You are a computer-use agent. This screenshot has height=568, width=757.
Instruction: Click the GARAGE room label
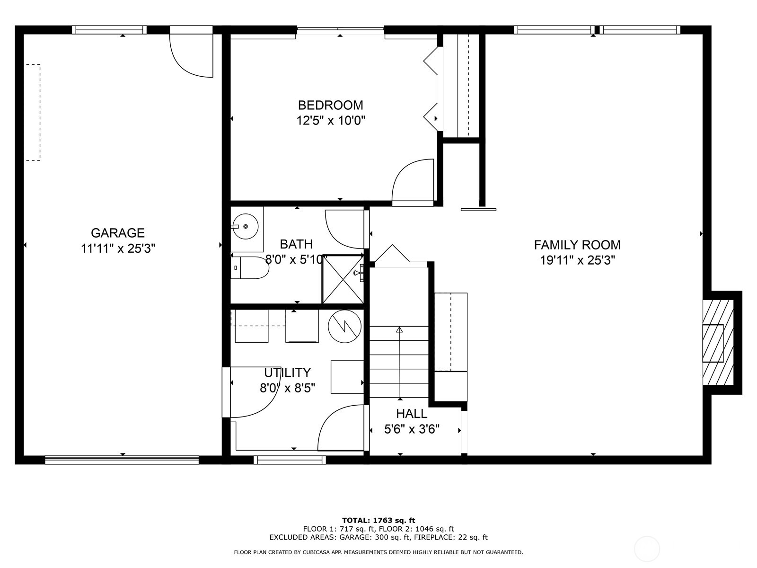[x=117, y=232]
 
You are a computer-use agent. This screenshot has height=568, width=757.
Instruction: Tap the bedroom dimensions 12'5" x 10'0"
[x=331, y=120]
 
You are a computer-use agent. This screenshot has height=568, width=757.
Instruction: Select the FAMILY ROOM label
[x=577, y=245]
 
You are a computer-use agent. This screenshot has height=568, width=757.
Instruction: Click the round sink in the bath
[x=246, y=226]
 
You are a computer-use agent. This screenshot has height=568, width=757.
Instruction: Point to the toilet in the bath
[x=251, y=268]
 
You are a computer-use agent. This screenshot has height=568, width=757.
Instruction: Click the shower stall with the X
[x=343, y=279]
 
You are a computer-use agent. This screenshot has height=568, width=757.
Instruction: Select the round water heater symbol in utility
[x=344, y=326]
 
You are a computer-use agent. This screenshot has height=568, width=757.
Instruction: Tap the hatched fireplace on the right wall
[x=718, y=343]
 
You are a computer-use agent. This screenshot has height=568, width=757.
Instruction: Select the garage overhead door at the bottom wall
[x=122, y=460]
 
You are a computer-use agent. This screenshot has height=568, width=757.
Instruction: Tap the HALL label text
[x=412, y=414]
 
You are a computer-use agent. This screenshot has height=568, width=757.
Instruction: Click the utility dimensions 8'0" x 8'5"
[x=287, y=388]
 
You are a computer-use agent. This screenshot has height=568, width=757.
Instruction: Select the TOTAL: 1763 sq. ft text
[x=378, y=520]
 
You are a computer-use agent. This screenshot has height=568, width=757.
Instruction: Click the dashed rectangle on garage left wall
[x=33, y=113]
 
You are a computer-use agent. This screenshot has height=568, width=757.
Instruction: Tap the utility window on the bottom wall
[x=290, y=459]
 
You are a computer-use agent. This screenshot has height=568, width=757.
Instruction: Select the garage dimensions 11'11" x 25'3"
[x=118, y=248]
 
